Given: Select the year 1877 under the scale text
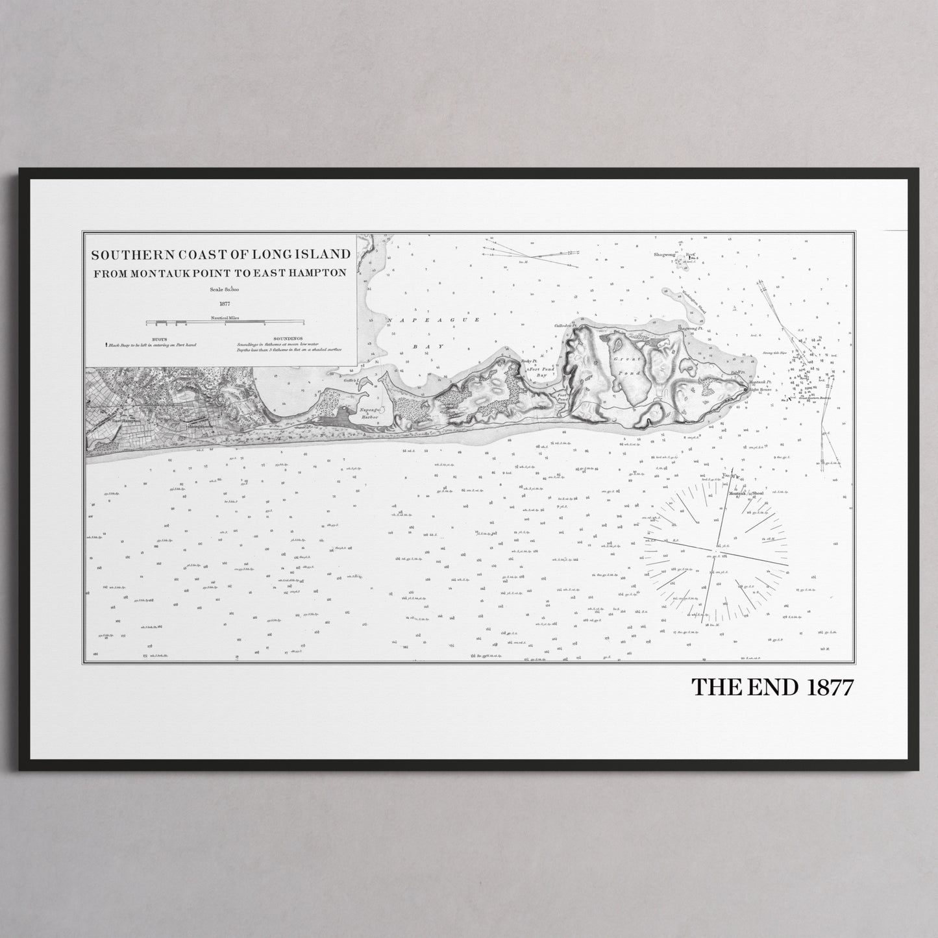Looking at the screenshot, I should tap(225, 303).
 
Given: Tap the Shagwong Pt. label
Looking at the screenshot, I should tap(690, 329).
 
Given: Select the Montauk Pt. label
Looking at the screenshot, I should tap(759, 383).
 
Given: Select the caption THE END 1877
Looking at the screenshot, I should tap(772, 687).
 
